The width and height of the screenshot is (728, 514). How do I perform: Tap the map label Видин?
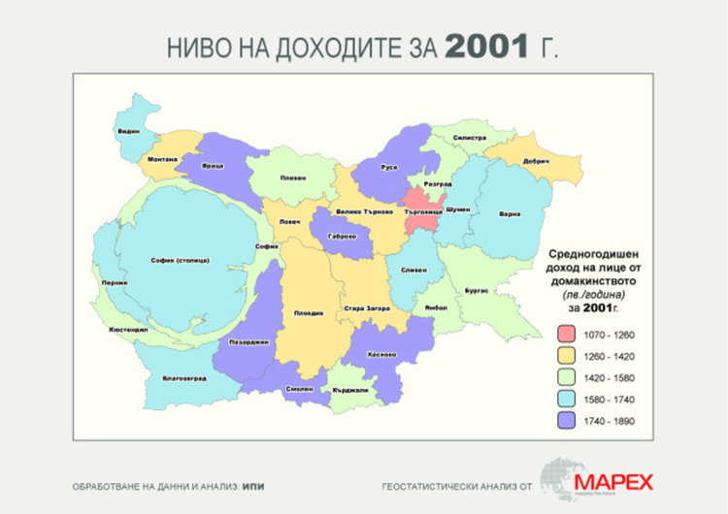click(x=128, y=131)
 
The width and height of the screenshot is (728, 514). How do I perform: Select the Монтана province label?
click(x=161, y=158)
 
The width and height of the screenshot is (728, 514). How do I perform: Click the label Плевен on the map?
click(x=293, y=177)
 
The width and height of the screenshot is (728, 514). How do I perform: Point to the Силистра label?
click(x=468, y=138)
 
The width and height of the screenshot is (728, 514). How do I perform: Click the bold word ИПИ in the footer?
click(x=253, y=484)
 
